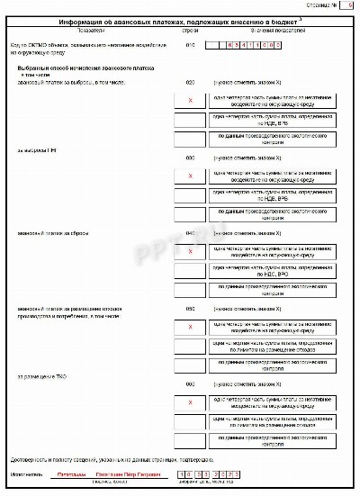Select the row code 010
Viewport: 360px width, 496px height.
pyautogui.click(x=190, y=43)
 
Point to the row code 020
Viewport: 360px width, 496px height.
pyautogui.click(x=190, y=82)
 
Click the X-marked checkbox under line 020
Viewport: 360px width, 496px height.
pyautogui.click(x=190, y=101)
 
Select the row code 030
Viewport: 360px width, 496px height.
pyautogui.click(x=190, y=157)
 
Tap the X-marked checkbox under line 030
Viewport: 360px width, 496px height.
pyautogui.click(x=190, y=176)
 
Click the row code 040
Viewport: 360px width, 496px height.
pyautogui.click(x=190, y=232)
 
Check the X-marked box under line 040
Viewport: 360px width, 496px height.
pyautogui.click(x=190, y=251)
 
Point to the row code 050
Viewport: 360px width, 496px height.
pyautogui.click(x=190, y=308)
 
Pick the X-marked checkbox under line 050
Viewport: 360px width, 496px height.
pyautogui.click(x=190, y=327)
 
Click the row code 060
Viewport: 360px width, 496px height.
pyautogui.click(x=190, y=383)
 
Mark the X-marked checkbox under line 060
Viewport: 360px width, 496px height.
pyautogui.click(x=190, y=402)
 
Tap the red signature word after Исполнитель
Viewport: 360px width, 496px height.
pyautogui.click(x=70, y=473)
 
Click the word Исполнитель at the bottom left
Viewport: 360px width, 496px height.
pyautogui.click(x=25, y=473)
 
